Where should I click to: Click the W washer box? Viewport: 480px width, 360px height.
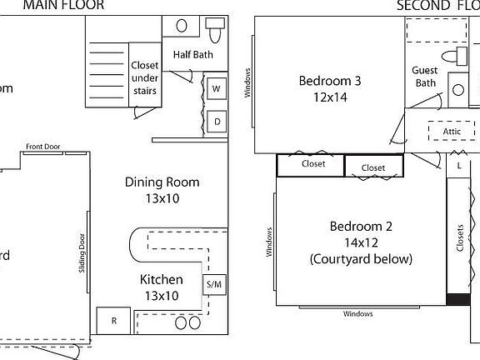pos(216,88)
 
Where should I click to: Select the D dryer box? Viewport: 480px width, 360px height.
pos(216,122)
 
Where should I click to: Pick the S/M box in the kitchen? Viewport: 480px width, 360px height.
pos(214,285)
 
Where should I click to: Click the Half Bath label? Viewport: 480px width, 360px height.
pos(193,55)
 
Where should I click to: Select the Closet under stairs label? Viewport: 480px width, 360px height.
pos(145,78)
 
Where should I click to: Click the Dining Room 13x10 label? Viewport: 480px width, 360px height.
pos(162,190)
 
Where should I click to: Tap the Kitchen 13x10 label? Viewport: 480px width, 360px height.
pos(160,287)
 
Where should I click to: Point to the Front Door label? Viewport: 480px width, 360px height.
pos(43,147)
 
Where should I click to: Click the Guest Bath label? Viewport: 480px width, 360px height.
pos(425,77)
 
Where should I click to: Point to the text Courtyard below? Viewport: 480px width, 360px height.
pos(361,259)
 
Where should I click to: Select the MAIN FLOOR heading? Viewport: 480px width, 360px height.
pos(63,5)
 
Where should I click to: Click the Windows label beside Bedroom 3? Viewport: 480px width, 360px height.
pos(247,83)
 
